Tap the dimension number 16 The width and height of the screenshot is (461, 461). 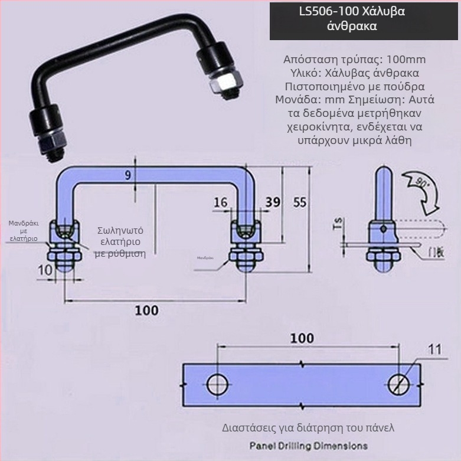coord(220,202)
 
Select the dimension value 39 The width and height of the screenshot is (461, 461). coord(272,202)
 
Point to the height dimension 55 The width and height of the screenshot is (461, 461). coord(300,202)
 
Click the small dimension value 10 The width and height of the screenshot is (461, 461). coord(45,270)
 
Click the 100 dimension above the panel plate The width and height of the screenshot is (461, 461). coord(302,338)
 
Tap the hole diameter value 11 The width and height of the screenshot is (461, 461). coord(434,349)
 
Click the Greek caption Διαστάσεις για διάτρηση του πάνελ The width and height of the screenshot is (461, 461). coord(308,427)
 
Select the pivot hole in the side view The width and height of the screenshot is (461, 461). coord(383,228)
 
